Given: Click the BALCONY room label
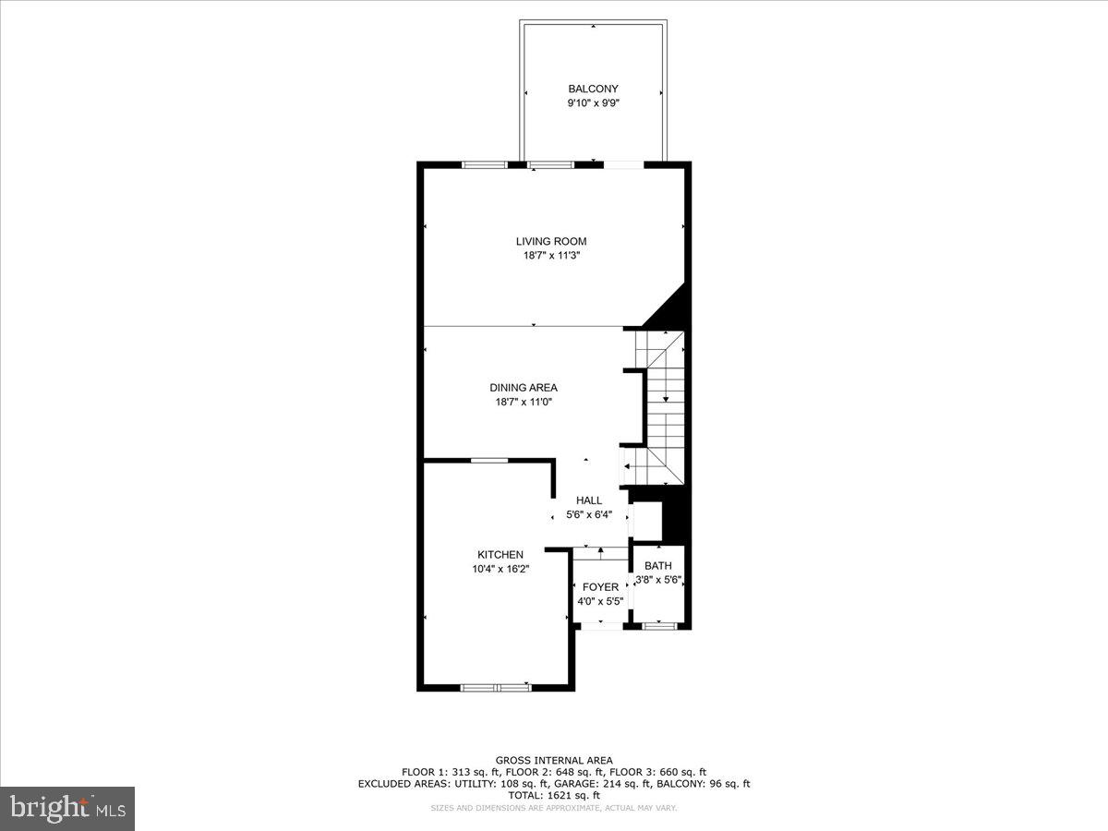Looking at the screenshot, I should click(x=593, y=89).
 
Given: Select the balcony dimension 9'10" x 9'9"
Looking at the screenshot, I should click(x=593, y=103).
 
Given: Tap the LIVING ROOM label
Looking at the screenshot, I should click(x=550, y=241).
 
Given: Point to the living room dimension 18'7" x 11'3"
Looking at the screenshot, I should click(x=550, y=256).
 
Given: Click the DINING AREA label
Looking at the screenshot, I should click(x=524, y=388).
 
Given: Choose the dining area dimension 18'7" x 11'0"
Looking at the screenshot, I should click(x=524, y=402).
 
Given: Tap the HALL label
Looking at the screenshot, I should click(x=589, y=500).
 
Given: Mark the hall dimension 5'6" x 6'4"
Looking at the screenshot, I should click(x=589, y=515).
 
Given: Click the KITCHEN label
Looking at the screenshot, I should click(x=500, y=554).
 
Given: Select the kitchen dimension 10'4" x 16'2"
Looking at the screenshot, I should click(x=500, y=569).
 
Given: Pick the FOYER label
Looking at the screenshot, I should click(x=600, y=587).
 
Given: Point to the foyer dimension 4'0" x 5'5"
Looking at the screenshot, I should click(x=600, y=601).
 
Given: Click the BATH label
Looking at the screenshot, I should click(x=658, y=566).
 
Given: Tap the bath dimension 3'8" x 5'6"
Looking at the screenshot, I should click(x=658, y=580).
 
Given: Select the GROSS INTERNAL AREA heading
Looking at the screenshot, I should click(x=554, y=761).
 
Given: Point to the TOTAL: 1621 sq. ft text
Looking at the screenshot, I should click(x=554, y=795).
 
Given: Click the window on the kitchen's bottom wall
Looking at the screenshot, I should click(x=496, y=687).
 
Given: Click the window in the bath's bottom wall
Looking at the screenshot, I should click(x=658, y=626).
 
